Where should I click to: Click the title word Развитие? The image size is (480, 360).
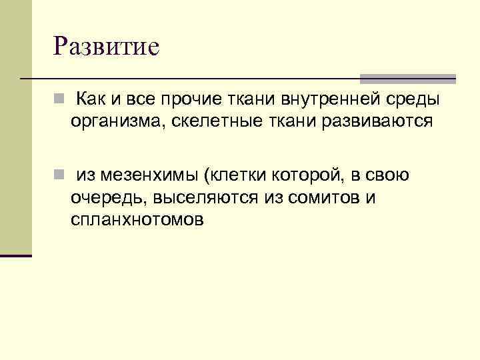click(107, 47)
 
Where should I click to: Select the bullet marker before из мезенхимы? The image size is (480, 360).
click(59, 176)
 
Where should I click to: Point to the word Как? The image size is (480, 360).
click(91, 100)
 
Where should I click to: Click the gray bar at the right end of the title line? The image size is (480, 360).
click(407, 78)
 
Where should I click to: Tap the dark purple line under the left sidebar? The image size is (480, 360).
click(16, 255)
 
